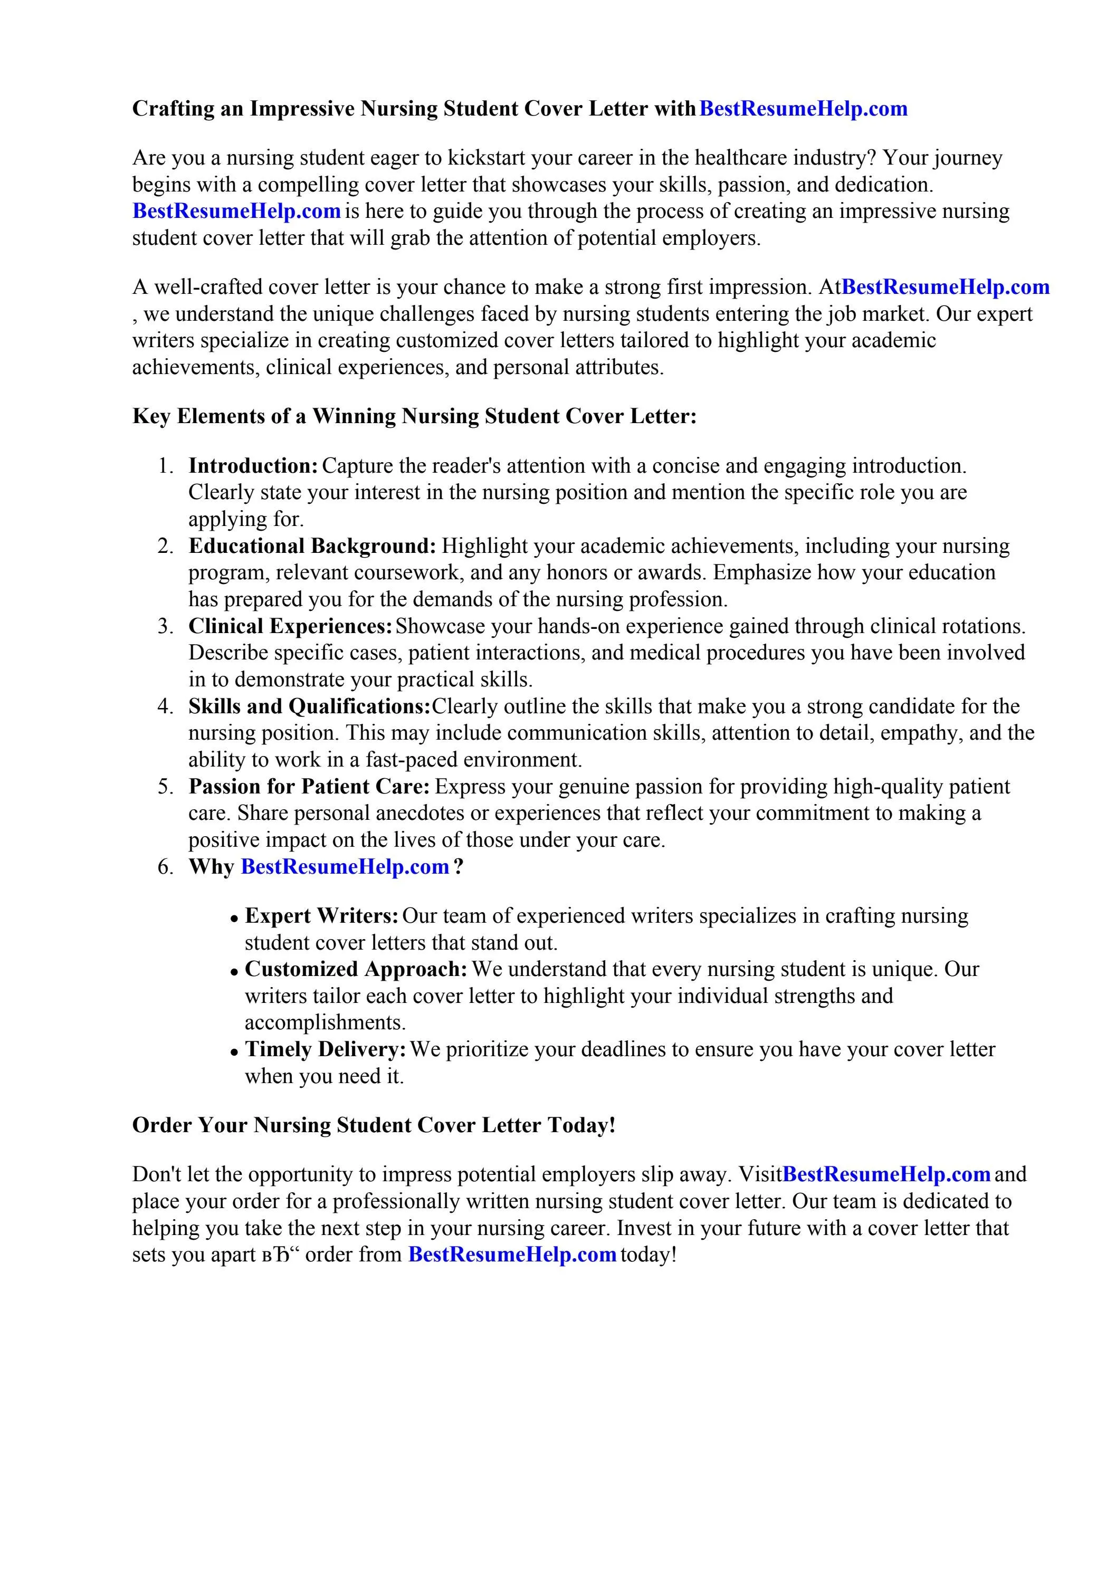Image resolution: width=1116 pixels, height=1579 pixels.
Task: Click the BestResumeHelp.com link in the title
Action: click(x=803, y=109)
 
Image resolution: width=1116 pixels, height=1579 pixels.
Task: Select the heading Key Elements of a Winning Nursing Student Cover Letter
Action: click(x=414, y=416)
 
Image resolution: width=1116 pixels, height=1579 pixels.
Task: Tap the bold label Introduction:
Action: click(x=253, y=466)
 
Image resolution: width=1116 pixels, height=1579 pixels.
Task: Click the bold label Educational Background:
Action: click(x=312, y=546)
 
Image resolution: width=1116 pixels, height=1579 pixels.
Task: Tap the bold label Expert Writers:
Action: click(x=321, y=916)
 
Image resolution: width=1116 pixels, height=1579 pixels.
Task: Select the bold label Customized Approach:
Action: click(x=356, y=969)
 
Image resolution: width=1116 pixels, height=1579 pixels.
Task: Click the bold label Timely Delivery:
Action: click(x=326, y=1049)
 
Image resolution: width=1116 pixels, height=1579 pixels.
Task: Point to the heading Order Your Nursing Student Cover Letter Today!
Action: click(x=374, y=1125)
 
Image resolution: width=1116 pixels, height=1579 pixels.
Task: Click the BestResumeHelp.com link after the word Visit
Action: click(x=886, y=1174)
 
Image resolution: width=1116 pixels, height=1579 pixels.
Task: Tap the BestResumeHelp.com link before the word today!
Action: click(x=512, y=1255)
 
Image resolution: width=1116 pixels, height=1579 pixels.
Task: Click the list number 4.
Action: click(x=165, y=706)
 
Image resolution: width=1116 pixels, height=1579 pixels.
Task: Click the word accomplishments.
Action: click(x=325, y=1022)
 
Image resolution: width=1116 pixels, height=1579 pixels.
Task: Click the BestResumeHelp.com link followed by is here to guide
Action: click(x=236, y=210)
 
